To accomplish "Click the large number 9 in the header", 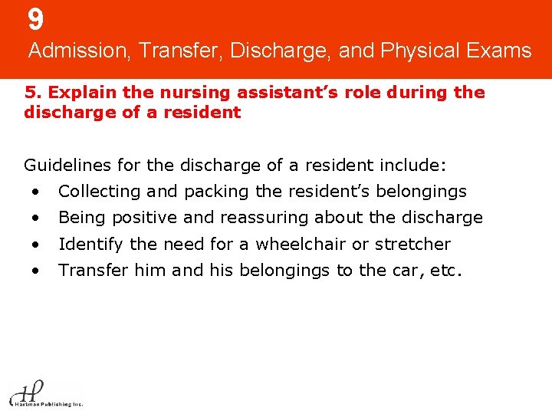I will click(x=36, y=19).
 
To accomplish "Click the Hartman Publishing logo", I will click(x=44, y=393).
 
